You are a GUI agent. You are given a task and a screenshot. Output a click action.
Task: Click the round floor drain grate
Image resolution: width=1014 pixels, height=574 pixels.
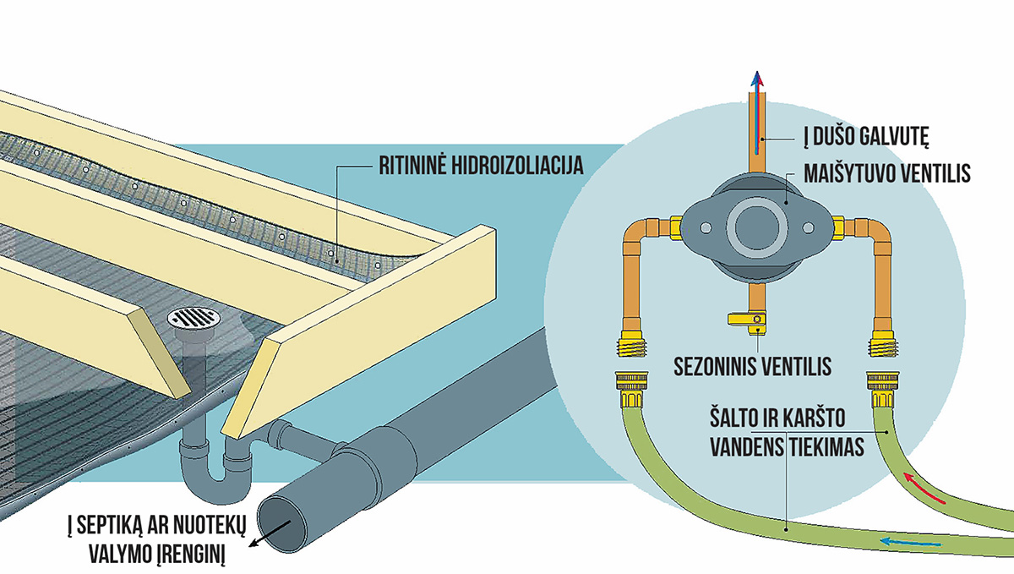click(x=194, y=320)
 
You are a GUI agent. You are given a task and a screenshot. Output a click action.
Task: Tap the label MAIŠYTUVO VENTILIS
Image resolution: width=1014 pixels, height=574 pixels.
click(x=886, y=175)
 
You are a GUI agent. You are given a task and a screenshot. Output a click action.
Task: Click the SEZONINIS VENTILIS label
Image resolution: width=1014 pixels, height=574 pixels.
click(x=753, y=368)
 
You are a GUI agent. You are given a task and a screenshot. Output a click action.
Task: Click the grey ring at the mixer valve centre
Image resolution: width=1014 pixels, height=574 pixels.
click(x=752, y=227)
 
